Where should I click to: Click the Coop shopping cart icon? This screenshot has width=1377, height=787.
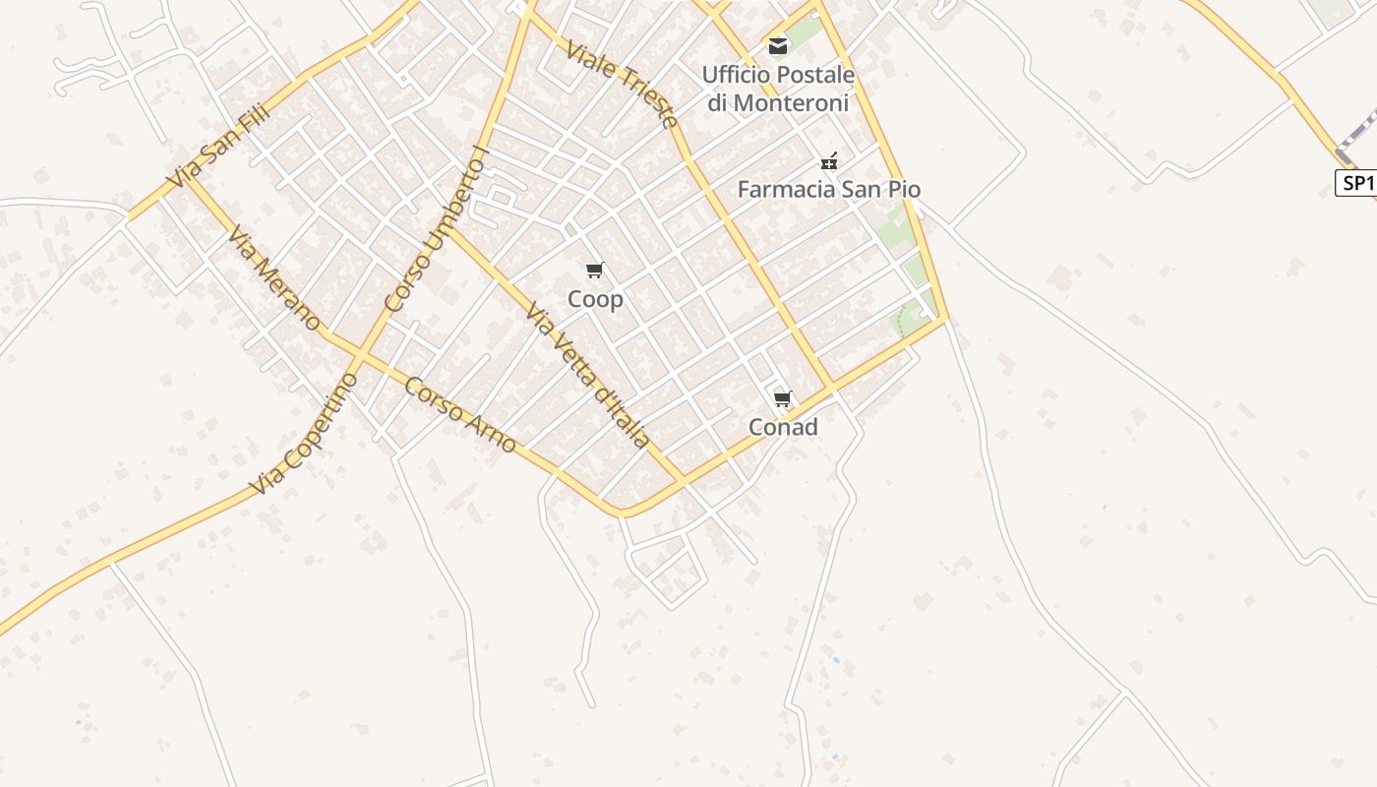tap(594, 270)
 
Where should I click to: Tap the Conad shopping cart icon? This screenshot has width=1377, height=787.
tap(783, 398)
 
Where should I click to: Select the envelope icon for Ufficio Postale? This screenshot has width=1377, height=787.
tap(778, 45)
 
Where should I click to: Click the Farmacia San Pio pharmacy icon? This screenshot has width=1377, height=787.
tap(829, 161)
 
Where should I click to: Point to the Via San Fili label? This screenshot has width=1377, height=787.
tap(218, 149)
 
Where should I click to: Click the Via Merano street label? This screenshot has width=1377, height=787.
tap(273, 278)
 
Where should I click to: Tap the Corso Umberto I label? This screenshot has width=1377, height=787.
tap(438, 229)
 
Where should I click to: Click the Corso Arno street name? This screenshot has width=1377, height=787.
tap(459, 414)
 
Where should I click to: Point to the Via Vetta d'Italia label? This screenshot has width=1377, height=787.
tap(588, 375)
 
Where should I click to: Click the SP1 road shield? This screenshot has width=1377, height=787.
tap(1355, 183)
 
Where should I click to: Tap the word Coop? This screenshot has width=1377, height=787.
tap(595, 299)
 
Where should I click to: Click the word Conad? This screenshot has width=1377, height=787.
tap(783, 427)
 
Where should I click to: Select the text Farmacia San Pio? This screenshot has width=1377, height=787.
tap(829, 189)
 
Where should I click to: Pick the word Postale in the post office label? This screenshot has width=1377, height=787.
tap(815, 75)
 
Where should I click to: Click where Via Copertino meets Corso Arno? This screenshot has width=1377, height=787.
tap(360, 355)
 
